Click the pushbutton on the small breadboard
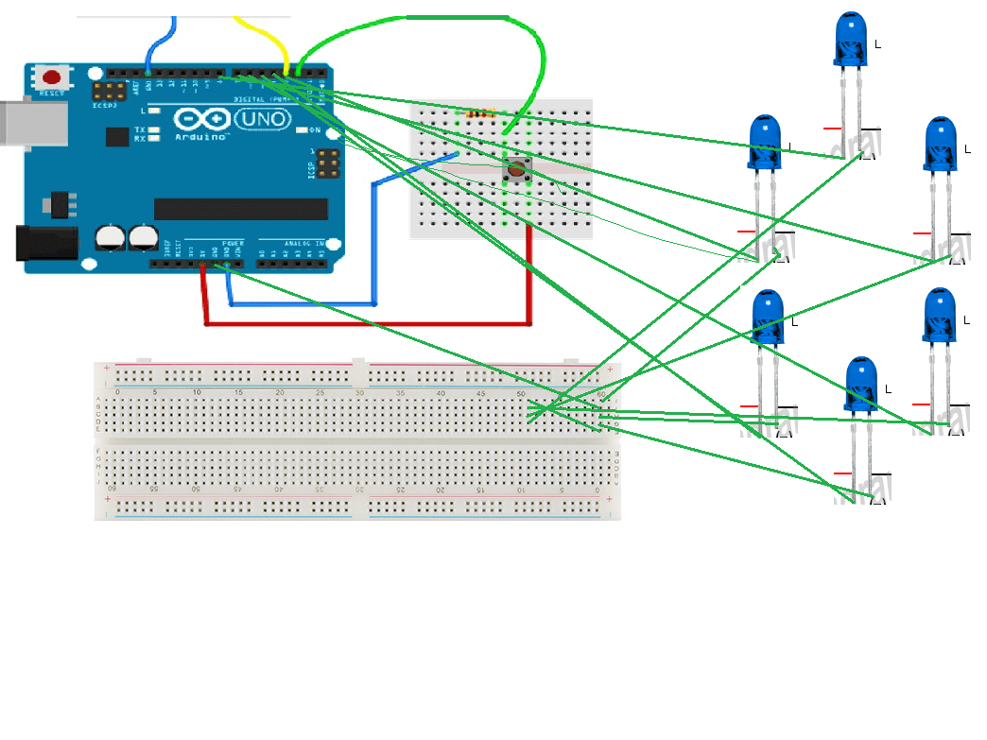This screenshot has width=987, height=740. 516,171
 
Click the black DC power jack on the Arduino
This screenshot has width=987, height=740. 43,243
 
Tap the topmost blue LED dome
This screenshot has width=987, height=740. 852,38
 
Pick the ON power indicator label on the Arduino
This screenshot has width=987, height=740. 314,129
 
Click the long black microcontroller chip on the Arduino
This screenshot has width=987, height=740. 240,209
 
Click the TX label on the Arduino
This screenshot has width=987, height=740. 140,129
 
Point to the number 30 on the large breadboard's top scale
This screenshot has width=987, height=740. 359,391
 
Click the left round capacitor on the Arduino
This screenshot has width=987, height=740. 112,238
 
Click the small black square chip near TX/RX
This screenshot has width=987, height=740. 117,136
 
